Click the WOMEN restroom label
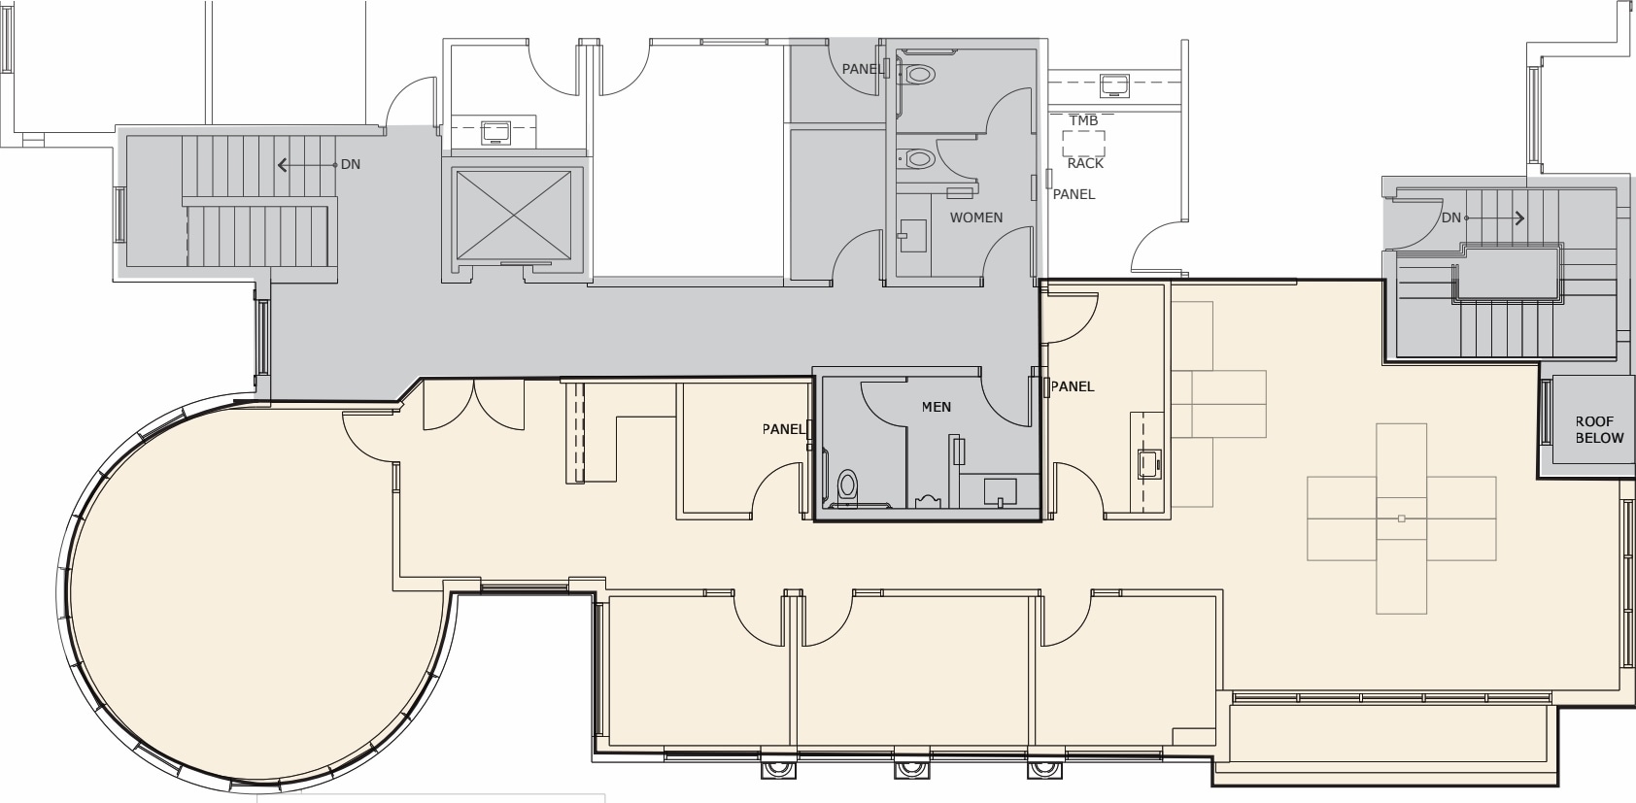point(975,217)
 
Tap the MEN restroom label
point(937,407)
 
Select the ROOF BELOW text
point(1599,430)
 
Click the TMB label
point(1083,120)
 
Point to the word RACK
point(1085,163)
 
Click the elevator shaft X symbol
point(514,215)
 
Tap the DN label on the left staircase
point(351,164)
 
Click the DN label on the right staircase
point(1451,217)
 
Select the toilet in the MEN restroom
point(847,485)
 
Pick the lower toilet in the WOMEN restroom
point(918,158)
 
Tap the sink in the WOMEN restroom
point(912,236)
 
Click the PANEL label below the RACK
point(1074,194)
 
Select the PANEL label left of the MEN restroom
point(784,429)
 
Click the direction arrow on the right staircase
point(1494,217)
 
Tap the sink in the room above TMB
point(1114,85)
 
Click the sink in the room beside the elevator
point(495,133)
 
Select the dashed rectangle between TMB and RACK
point(1083,143)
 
